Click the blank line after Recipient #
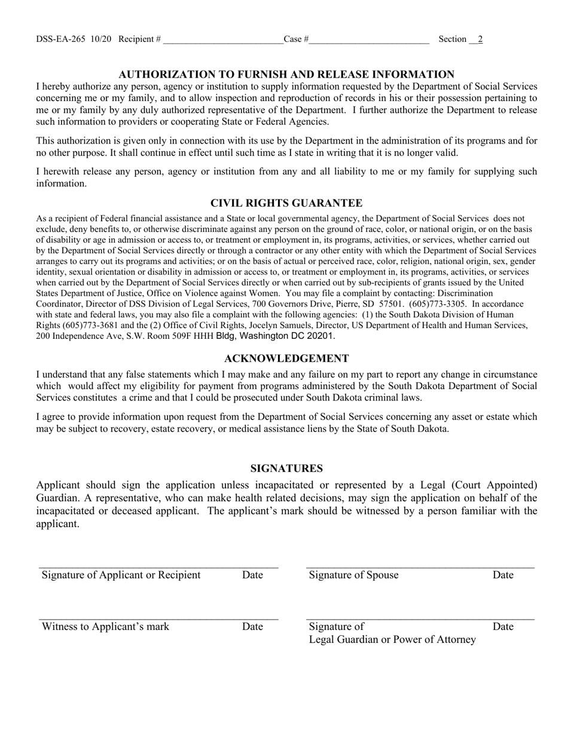pyautogui.click(x=222, y=41)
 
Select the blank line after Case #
pyautogui.click(x=369, y=41)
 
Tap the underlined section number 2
pyautogui.click(x=480, y=39)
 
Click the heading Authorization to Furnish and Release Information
pyautogui.click(x=286, y=74)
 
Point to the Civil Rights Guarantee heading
pyautogui.click(x=286, y=203)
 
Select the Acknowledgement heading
pyautogui.click(x=286, y=359)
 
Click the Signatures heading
pyautogui.click(x=286, y=468)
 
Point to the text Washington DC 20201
pyautogui.click(x=286, y=336)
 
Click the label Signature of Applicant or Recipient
pyautogui.click(x=121, y=575)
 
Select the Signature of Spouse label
pyautogui.click(x=353, y=575)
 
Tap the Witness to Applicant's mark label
pyautogui.click(x=105, y=626)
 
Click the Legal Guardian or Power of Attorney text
pyautogui.click(x=392, y=639)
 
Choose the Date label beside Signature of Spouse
pyautogui.click(x=503, y=575)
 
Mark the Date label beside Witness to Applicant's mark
pyautogui.click(x=252, y=626)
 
